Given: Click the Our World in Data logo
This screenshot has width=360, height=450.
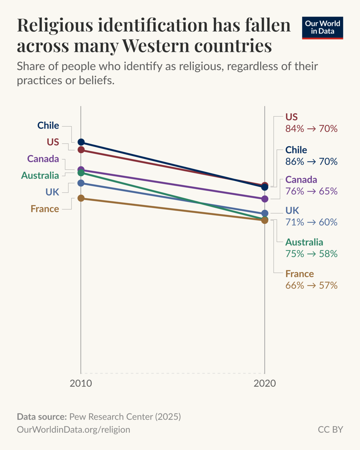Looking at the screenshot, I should [322, 28].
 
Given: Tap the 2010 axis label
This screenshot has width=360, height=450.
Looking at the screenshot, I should [81, 383].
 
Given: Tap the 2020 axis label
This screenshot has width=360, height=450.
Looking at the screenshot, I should [265, 383].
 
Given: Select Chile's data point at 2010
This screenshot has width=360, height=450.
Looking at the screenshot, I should [81, 142].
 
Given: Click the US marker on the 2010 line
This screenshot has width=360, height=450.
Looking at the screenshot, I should [81, 150].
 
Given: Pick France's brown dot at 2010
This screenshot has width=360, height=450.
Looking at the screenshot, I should [81, 198].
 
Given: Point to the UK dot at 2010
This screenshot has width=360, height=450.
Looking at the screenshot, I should [81, 183].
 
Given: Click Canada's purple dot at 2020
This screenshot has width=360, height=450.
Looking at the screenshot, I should [265, 199].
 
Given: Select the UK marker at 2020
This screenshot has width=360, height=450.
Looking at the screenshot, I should [265, 213].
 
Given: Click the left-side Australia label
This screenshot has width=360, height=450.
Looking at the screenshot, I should [40, 175].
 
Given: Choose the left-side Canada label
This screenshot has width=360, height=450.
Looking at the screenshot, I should [43, 159].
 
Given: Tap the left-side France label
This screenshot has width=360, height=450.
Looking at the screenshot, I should [45, 209].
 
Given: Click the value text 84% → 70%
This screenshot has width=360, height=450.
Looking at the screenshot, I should [311, 129].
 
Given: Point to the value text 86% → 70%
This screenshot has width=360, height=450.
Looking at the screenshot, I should [311, 161].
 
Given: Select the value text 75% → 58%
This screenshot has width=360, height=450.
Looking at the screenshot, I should [311, 254].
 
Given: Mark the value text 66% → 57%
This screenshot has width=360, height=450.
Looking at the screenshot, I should [311, 285].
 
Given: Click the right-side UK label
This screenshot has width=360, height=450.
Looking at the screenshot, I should [292, 210].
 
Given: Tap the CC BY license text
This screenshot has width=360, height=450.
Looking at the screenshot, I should [330, 429].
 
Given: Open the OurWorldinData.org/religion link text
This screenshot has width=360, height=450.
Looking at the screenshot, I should [74, 429].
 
